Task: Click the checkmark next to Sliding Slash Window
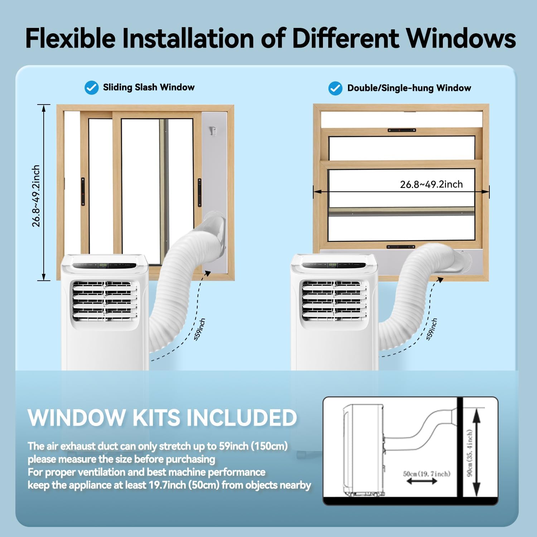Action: click(x=91, y=88)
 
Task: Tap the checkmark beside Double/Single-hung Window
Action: click(x=335, y=88)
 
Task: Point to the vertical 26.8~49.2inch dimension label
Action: click(x=36, y=196)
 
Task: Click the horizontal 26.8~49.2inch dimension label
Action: click(x=431, y=184)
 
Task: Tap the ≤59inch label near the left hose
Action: click(x=200, y=329)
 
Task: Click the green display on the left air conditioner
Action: click(x=103, y=265)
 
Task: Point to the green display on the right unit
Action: click(x=333, y=265)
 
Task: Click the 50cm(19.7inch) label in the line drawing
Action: click(x=426, y=474)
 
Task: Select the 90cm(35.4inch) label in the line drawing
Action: click(x=470, y=453)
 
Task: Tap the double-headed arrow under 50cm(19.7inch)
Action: click(x=422, y=482)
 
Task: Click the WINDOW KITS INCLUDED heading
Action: click(x=162, y=417)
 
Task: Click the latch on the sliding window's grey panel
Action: click(x=213, y=131)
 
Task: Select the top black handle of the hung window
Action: click(x=402, y=130)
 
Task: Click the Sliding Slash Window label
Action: click(x=149, y=87)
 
